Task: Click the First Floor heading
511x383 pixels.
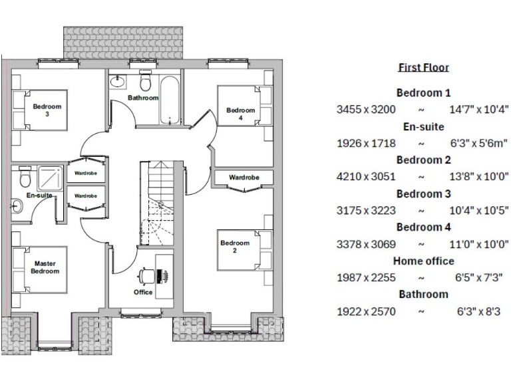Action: pos(423,68)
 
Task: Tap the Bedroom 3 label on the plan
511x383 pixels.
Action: pos(47,110)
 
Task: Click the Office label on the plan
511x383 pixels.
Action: pos(143,292)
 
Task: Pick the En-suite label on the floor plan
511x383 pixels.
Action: pos(39,195)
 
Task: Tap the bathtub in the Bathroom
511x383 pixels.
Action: pos(170,100)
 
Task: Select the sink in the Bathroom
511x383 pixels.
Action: pos(118,82)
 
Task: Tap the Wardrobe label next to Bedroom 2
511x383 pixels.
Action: pos(244,178)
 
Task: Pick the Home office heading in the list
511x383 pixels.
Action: pos(423,261)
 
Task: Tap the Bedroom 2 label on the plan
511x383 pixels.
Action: pos(235,247)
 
